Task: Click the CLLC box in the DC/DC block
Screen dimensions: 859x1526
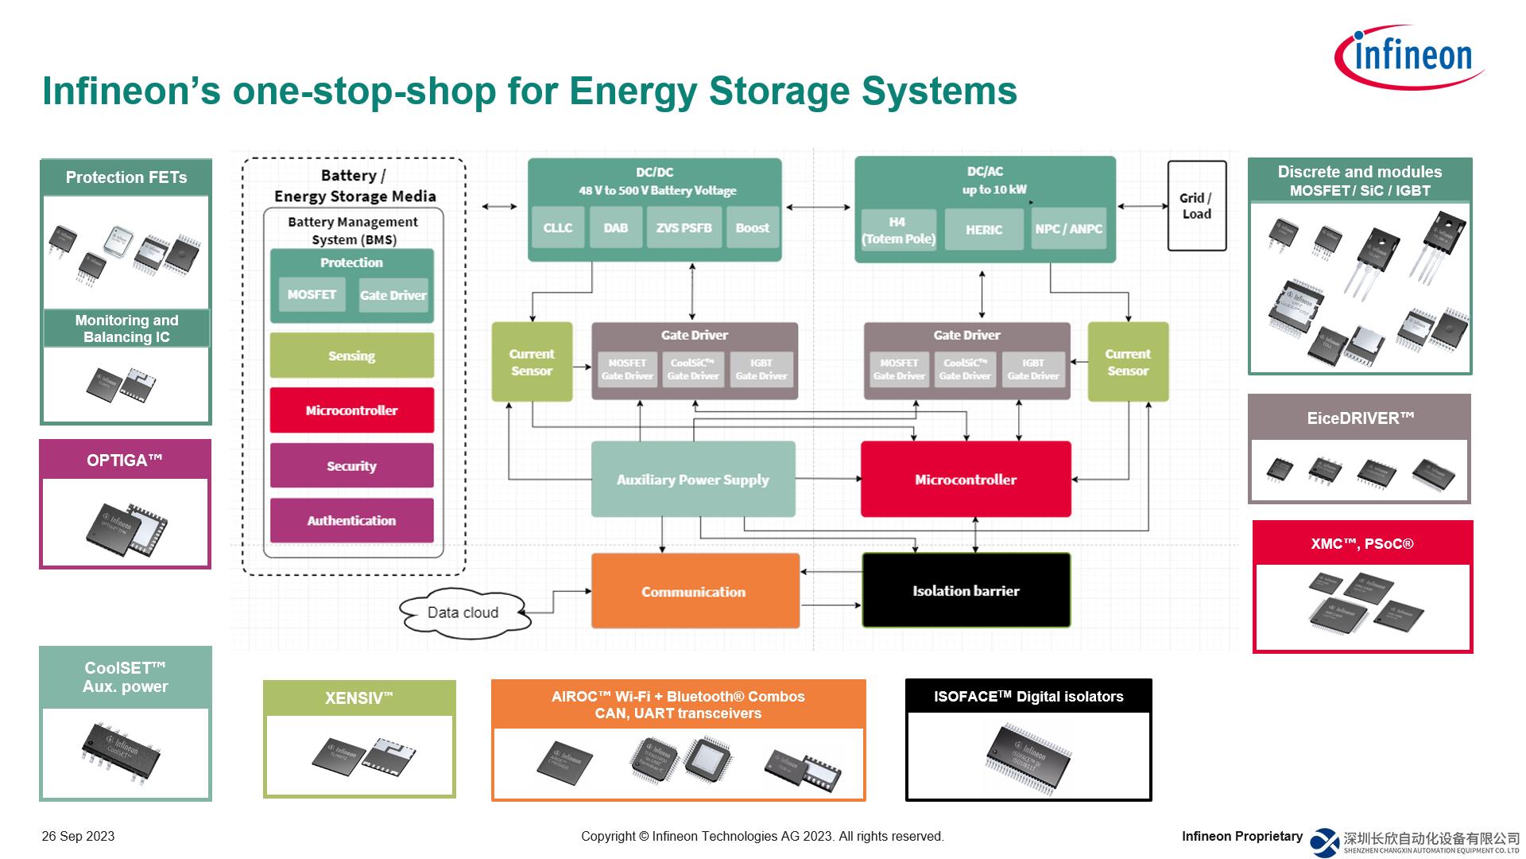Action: coord(557,228)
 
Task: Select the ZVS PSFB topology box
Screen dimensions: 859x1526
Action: coord(684,228)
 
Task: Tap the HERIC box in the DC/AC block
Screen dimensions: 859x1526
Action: coord(983,230)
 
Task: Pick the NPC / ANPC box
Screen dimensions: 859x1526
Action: coord(1068,229)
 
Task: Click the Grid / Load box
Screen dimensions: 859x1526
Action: coord(1196,206)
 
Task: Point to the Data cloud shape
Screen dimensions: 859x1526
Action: coord(463,612)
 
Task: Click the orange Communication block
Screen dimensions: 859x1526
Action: coord(694,592)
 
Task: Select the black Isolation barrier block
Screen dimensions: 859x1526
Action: coord(966,591)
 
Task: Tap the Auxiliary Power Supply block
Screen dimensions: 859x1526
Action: coord(692,480)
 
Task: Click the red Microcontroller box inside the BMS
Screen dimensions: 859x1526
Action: coord(351,410)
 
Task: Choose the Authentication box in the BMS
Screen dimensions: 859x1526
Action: coord(351,521)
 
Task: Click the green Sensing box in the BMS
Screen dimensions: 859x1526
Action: coord(351,356)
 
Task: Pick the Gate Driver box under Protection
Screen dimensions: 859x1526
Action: coord(393,295)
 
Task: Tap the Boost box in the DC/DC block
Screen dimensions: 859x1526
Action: coord(752,228)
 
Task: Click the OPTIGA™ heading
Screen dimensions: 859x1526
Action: coord(125,461)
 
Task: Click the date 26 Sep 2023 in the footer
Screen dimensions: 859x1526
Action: coord(78,837)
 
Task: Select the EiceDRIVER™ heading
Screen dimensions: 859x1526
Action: coord(1360,418)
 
